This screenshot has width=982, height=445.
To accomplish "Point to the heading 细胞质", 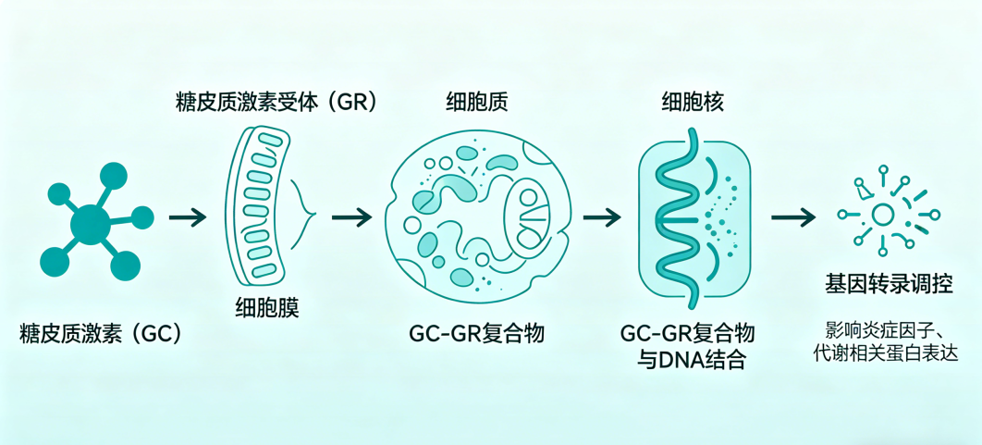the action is tap(476, 103).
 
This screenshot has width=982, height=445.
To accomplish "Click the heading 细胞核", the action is tap(693, 103).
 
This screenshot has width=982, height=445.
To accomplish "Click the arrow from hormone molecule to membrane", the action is tap(188, 217).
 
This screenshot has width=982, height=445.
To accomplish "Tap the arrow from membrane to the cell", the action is tap(351, 217).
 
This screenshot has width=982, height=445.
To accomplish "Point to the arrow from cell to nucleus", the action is tap(602, 217).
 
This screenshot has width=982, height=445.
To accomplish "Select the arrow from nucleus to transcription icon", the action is tap(793, 217).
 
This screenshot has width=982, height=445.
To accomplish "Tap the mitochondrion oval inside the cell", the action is tap(530, 216).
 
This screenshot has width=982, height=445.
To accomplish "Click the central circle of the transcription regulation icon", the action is tap(882, 215).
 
